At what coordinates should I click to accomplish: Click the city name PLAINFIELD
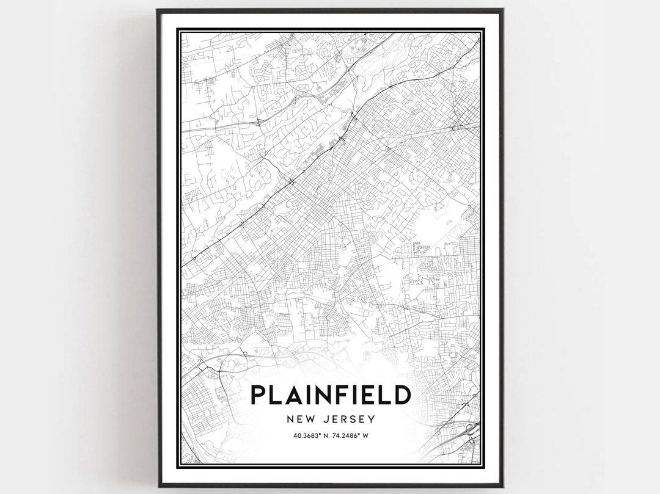click(330, 394)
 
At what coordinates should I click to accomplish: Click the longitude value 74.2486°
click(349, 435)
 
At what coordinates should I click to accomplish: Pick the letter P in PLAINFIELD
click(258, 394)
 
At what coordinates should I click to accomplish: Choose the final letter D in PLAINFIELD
click(401, 394)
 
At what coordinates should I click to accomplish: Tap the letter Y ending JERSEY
click(371, 420)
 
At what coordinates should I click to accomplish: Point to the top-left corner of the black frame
click(157, 9)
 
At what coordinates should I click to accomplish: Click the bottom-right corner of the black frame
click(502, 486)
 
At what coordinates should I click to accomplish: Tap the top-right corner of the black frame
click(502, 9)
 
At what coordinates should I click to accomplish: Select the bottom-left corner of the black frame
click(157, 486)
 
